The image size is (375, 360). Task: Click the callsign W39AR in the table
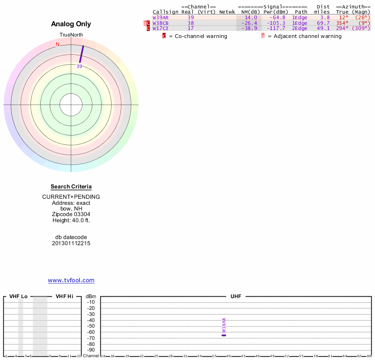click(x=160, y=17)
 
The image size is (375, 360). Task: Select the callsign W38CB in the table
click(x=160, y=23)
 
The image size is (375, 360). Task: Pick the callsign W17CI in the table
click(x=160, y=29)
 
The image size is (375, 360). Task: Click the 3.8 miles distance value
click(x=325, y=17)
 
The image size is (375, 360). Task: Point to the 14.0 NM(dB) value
click(x=251, y=17)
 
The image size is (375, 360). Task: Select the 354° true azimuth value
click(x=342, y=23)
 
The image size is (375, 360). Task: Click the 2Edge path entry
click(x=300, y=29)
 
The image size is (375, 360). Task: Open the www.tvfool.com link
click(x=71, y=280)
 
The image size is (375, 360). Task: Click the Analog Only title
click(x=71, y=24)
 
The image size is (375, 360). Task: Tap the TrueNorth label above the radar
click(x=71, y=35)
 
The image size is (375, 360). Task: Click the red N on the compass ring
click(x=58, y=45)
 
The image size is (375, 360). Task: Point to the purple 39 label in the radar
click(x=79, y=67)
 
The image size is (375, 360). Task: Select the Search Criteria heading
click(x=71, y=187)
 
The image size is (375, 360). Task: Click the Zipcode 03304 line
click(x=71, y=214)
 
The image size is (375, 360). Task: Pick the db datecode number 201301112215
click(x=71, y=243)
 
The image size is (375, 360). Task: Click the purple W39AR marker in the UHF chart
click(x=224, y=335)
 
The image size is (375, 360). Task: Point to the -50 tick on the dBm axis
click(x=91, y=326)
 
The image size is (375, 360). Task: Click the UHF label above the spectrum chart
click(x=235, y=297)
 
